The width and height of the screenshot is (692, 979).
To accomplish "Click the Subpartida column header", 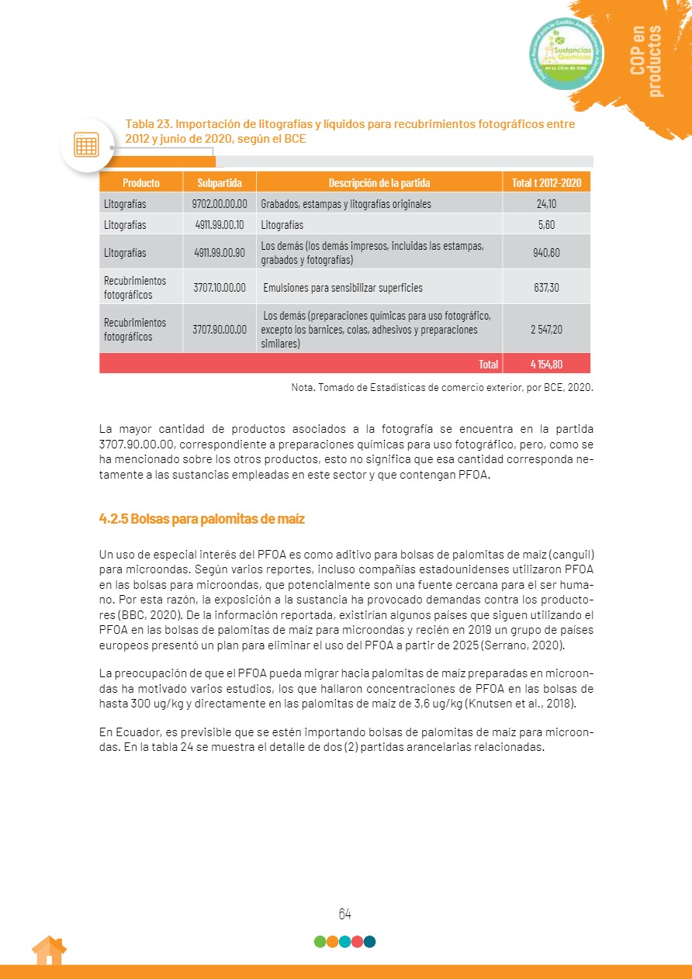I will coord(220,183).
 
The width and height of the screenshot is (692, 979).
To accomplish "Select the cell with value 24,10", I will coord(546,204).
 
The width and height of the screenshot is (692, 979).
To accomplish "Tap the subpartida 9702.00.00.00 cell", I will coord(220,204).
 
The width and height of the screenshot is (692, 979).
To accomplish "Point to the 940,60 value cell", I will coord(546,253).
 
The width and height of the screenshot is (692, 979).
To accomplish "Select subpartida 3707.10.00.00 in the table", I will coord(220,288).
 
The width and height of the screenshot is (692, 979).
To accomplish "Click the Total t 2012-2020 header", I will coord(546,183).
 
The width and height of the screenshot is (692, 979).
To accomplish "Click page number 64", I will coord(345,914).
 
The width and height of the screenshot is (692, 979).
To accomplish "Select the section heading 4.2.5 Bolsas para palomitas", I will coord(202,519).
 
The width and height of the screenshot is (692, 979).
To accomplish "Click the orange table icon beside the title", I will coord(86,144).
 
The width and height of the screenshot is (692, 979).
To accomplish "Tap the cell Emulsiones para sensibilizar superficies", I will coord(343,288).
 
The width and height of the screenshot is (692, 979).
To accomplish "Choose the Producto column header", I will coord(141,183).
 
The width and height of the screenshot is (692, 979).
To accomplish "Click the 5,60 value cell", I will coord(546,225).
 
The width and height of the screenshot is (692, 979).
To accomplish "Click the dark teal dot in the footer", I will coord(369,942).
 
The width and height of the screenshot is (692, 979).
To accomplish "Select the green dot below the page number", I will coord(320,942).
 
